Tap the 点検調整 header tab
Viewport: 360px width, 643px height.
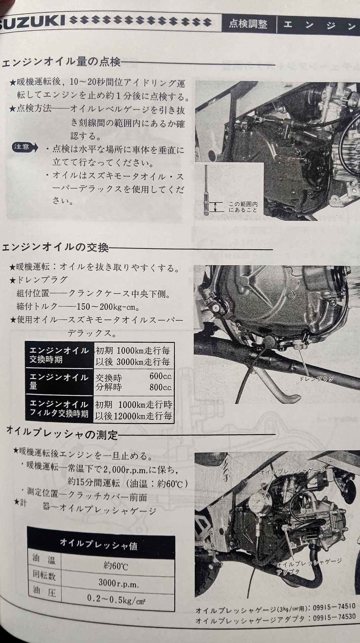248,24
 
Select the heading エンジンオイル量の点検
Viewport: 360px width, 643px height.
61,62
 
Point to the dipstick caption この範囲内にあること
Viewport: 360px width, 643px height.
243,207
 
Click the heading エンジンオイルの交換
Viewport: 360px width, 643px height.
56,247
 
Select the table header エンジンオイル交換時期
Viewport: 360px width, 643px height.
59,355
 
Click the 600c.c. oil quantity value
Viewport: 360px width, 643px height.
160,376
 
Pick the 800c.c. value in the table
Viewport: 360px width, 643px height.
160,387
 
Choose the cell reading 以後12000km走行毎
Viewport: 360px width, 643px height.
134,416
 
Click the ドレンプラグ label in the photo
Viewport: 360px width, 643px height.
316,379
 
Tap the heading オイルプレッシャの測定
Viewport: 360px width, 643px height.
63,434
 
